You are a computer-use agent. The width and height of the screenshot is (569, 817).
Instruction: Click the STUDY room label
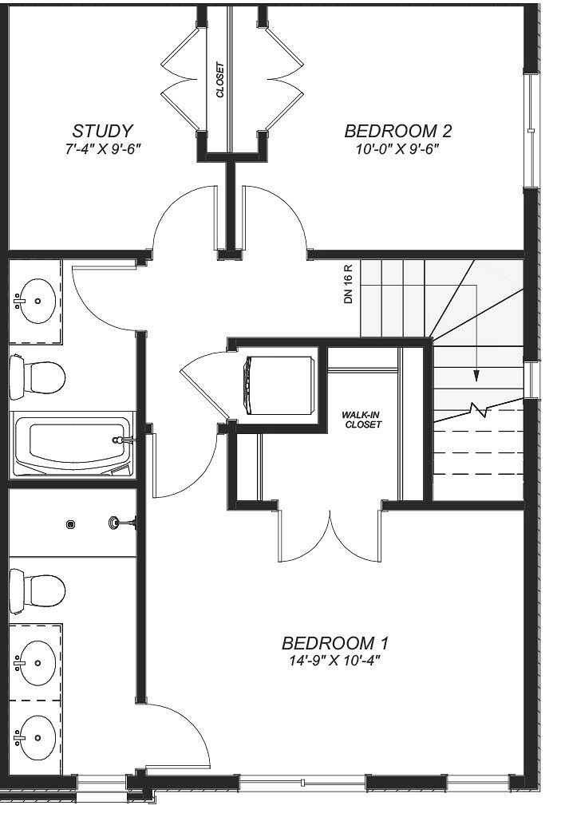(x=103, y=131)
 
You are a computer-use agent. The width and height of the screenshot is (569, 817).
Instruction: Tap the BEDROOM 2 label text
(x=398, y=131)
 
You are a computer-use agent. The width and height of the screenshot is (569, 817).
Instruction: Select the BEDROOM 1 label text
(x=335, y=644)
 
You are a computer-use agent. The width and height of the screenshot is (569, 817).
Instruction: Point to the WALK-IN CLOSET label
(x=362, y=420)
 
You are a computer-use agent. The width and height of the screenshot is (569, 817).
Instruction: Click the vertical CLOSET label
(x=220, y=81)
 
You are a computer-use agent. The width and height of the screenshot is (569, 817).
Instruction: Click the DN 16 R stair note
(x=349, y=284)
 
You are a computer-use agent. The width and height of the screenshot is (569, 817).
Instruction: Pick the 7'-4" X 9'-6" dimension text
(x=103, y=149)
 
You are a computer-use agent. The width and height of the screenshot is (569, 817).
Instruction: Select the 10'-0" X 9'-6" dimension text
(x=397, y=149)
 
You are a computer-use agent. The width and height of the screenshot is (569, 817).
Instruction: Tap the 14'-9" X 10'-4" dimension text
(x=334, y=661)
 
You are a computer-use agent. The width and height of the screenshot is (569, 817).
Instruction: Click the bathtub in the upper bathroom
(x=73, y=444)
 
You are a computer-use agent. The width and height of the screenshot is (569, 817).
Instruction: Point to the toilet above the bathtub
(x=38, y=377)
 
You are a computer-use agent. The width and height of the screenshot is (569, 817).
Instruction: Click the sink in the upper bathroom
(x=34, y=301)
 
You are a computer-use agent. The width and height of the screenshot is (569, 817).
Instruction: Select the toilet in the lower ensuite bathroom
(x=38, y=591)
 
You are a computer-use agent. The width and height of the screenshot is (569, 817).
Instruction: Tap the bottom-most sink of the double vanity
(x=34, y=737)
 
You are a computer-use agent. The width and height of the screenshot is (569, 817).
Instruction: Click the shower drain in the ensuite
(x=70, y=524)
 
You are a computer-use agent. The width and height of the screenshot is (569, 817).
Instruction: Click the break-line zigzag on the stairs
(x=479, y=410)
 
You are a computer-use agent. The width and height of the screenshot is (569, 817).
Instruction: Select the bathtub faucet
(x=123, y=440)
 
